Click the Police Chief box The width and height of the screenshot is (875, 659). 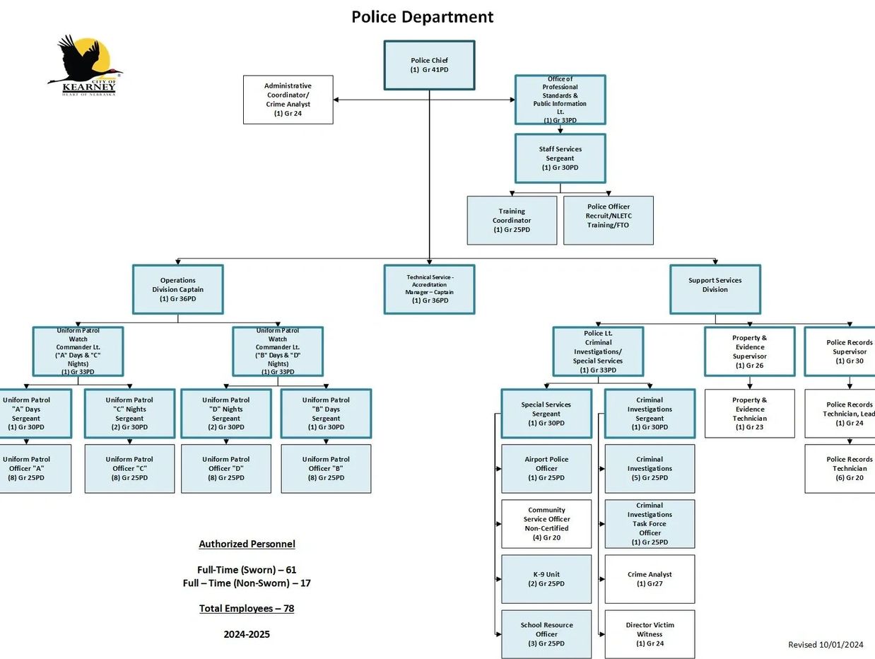[x=429, y=65]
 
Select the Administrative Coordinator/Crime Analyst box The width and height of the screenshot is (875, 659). [x=288, y=100]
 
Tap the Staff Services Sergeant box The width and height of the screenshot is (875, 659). [x=560, y=158]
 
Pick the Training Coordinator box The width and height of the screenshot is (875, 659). [x=512, y=221]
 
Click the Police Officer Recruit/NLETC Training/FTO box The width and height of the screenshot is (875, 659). [x=608, y=221]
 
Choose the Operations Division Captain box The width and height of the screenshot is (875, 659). [x=177, y=289]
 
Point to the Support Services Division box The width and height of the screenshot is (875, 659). [x=715, y=289]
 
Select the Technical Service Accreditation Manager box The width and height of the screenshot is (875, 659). [x=429, y=289]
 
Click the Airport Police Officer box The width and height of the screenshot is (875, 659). [x=546, y=469]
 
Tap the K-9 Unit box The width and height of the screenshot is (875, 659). [x=546, y=579]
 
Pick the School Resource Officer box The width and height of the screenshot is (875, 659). [x=546, y=634]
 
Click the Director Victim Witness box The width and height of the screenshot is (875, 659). [x=650, y=634]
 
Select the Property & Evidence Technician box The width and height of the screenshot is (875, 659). [x=749, y=414]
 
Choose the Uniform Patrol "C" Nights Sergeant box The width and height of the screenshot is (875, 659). [x=129, y=414]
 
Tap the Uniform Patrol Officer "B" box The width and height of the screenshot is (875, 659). [x=326, y=469]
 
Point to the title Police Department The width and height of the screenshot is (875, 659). [x=423, y=16]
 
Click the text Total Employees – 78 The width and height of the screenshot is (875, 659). [x=247, y=608]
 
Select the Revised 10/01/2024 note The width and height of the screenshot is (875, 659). [x=826, y=644]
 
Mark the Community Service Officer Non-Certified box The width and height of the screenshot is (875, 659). [x=546, y=524]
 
